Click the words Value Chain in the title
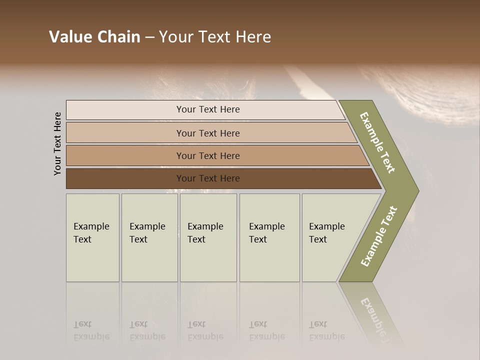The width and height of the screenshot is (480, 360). click(x=94, y=37)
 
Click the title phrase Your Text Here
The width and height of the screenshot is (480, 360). click(x=215, y=37)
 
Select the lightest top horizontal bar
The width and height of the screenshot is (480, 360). click(x=150, y=110)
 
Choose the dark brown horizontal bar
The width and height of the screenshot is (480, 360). click(x=125, y=178)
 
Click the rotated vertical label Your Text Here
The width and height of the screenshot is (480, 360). click(x=57, y=143)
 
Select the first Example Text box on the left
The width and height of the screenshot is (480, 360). click(x=92, y=237)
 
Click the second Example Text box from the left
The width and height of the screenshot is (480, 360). click(x=149, y=237)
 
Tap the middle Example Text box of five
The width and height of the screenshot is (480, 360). click(x=208, y=237)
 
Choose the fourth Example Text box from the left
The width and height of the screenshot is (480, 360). click(x=269, y=237)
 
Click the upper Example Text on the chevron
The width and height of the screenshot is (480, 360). click(x=377, y=142)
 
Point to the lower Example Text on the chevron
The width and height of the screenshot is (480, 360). click(x=379, y=236)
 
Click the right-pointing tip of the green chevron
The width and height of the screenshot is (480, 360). click(x=415, y=190)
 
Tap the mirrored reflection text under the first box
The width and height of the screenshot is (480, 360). click(x=91, y=331)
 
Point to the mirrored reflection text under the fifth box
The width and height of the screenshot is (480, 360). click(x=326, y=331)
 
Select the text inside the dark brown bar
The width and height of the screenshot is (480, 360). click(x=208, y=178)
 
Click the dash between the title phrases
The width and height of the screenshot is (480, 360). click(x=149, y=37)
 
